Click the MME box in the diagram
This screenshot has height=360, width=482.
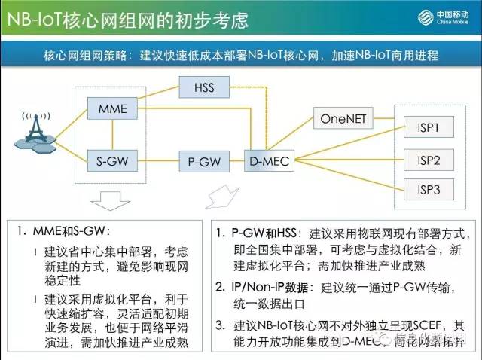(x=113, y=110)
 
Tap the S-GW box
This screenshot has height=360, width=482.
(x=113, y=160)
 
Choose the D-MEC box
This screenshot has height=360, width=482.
(x=268, y=160)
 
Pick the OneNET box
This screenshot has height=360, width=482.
(x=342, y=119)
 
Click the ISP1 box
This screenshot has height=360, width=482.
(x=429, y=127)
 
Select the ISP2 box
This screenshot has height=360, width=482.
(x=429, y=160)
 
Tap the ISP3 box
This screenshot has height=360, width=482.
(x=429, y=188)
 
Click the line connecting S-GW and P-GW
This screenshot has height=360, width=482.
(x=157, y=160)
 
